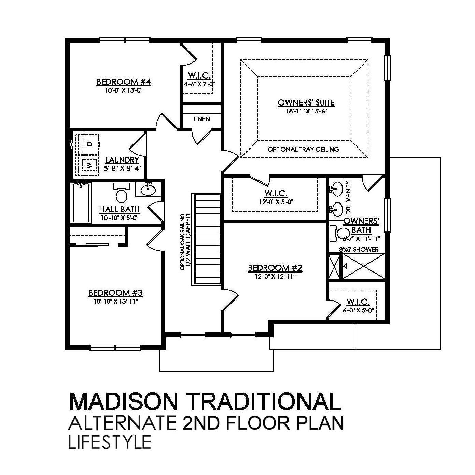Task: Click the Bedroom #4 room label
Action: pyautogui.click(x=124, y=82)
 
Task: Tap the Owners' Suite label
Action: pyautogui.click(x=306, y=103)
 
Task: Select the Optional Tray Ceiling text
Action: pyautogui.click(x=303, y=149)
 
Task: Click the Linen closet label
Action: pyautogui.click(x=201, y=119)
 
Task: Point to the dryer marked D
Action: pyautogui.click(x=90, y=144)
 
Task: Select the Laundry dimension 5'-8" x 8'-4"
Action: pyautogui.click(x=122, y=168)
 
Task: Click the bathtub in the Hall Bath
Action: pyautogui.click(x=81, y=203)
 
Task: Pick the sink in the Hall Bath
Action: pyautogui.click(x=149, y=190)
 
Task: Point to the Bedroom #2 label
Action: pyautogui.click(x=275, y=268)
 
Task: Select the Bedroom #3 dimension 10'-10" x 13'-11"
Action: pyautogui.click(x=115, y=301)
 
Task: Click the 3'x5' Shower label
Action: pyautogui.click(x=359, y=249)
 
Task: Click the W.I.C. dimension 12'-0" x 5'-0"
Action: pyautogui.click(x=276, y=202)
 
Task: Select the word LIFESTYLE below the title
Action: pyautogui.click(x=110, y=442)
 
